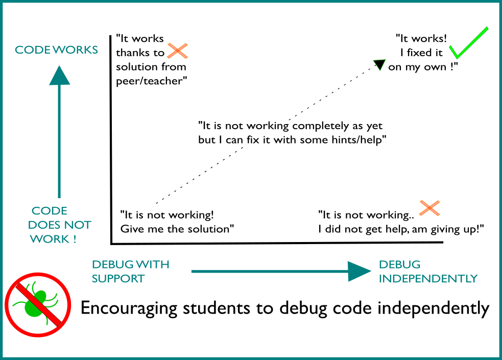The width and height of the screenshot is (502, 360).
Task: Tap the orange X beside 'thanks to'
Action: click(x=177, y=51)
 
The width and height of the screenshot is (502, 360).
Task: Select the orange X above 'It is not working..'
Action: click(x=429, y=208)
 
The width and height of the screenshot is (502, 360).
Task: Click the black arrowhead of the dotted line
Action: click(x=380, y=64)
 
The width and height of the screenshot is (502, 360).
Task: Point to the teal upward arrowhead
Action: click(x=60, y=76)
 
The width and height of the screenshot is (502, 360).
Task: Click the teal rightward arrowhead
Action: click(x=359, y=271)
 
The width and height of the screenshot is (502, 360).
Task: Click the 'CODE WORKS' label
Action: click(x=56, y=50)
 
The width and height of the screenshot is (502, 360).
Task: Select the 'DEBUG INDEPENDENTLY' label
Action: click(x=428, y=271)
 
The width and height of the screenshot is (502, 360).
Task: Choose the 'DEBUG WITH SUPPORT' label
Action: click(x=131, y=271)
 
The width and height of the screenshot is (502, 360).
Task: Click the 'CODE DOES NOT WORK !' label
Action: click(x=60, y=225)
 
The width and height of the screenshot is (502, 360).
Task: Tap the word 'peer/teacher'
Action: click(x=152, y=81)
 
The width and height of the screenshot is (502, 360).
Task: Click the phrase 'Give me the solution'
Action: click(x=177, y=229)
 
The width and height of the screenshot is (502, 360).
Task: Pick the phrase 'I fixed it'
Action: click(x=421, y=53)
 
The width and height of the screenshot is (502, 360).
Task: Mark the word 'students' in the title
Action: click(x=217, y=308)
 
